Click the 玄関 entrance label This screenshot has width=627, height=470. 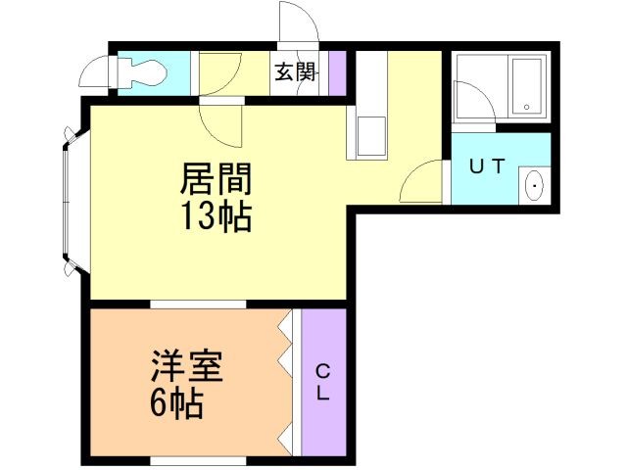pos(294,72)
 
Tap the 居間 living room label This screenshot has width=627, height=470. pos(216,179)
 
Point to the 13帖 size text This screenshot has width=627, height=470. pos(216,215)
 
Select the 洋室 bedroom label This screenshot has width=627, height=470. pos(187,367)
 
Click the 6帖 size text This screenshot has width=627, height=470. pos(177,401)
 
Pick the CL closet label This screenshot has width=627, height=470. pos(323,382)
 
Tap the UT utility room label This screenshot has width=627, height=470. pos(486,165)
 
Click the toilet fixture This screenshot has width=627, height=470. pos(142,70)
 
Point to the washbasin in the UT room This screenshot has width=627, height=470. pos(534,185)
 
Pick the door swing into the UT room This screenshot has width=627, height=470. pos(424,181)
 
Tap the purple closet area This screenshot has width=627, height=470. pos(324,382)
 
